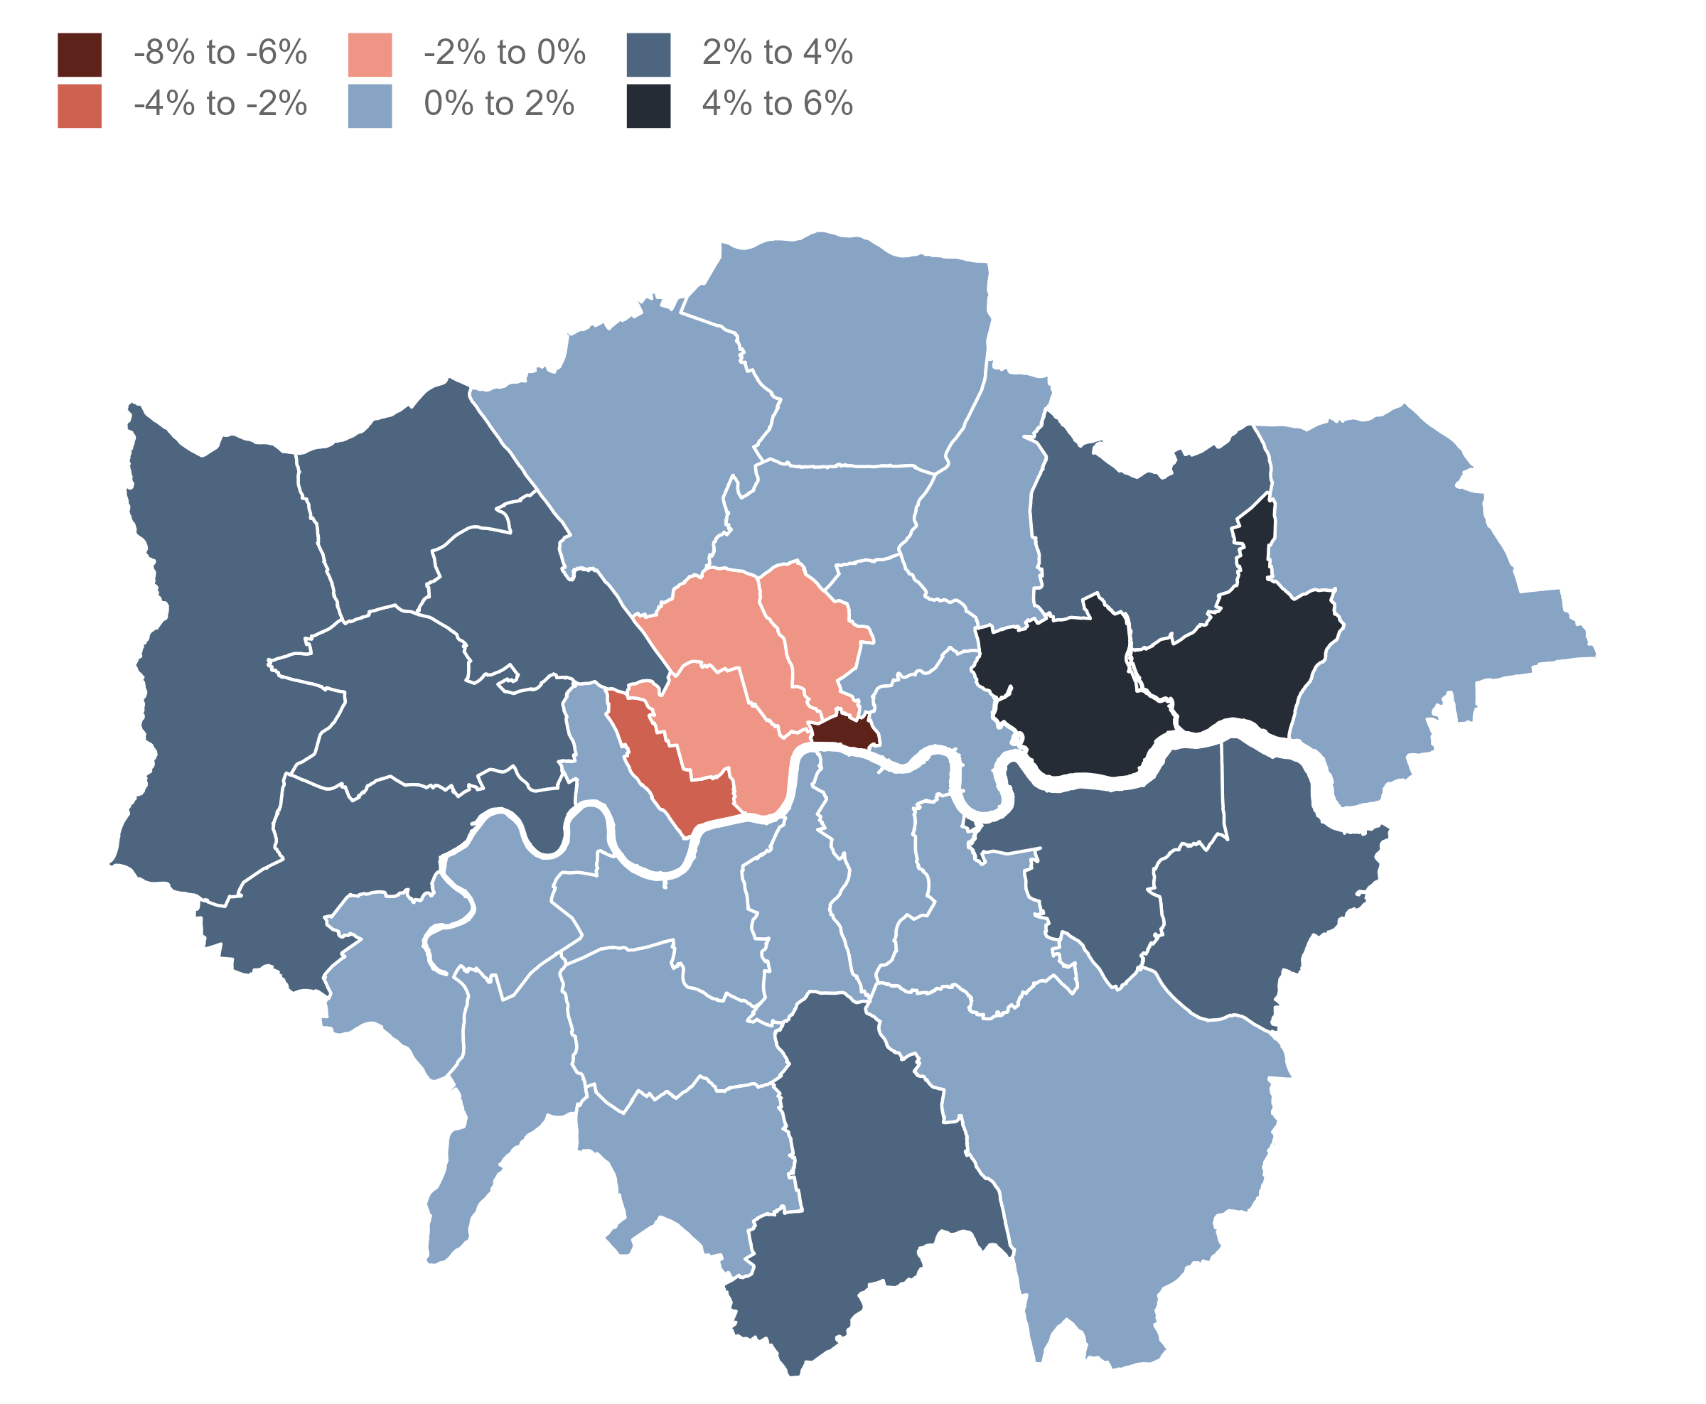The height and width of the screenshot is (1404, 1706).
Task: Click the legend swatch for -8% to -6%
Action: (x=80, y=54)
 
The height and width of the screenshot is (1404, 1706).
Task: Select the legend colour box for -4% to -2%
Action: (x=80, y=106)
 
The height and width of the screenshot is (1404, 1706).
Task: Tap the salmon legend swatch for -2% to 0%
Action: (x=370, y=54)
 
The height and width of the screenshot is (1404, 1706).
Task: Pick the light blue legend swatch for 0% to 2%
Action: (x=370, y=106)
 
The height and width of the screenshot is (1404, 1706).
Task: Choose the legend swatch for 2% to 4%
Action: (x=648, y=54)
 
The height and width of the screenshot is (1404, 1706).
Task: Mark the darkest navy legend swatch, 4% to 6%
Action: (x=648, y=106)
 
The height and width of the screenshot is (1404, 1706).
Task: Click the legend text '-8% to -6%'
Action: (x=220, y=53)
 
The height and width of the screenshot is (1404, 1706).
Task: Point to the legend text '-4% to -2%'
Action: (x=220, y=104)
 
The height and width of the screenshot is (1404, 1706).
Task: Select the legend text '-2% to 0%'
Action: (x=504, y=53)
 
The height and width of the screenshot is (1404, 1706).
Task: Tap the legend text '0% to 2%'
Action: (x=498, y=104)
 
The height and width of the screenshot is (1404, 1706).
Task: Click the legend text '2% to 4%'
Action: (x=776, y=53)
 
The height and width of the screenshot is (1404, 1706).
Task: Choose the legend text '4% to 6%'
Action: (x=776, y=104)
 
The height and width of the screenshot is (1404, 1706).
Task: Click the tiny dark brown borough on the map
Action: (x=844, y=733)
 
